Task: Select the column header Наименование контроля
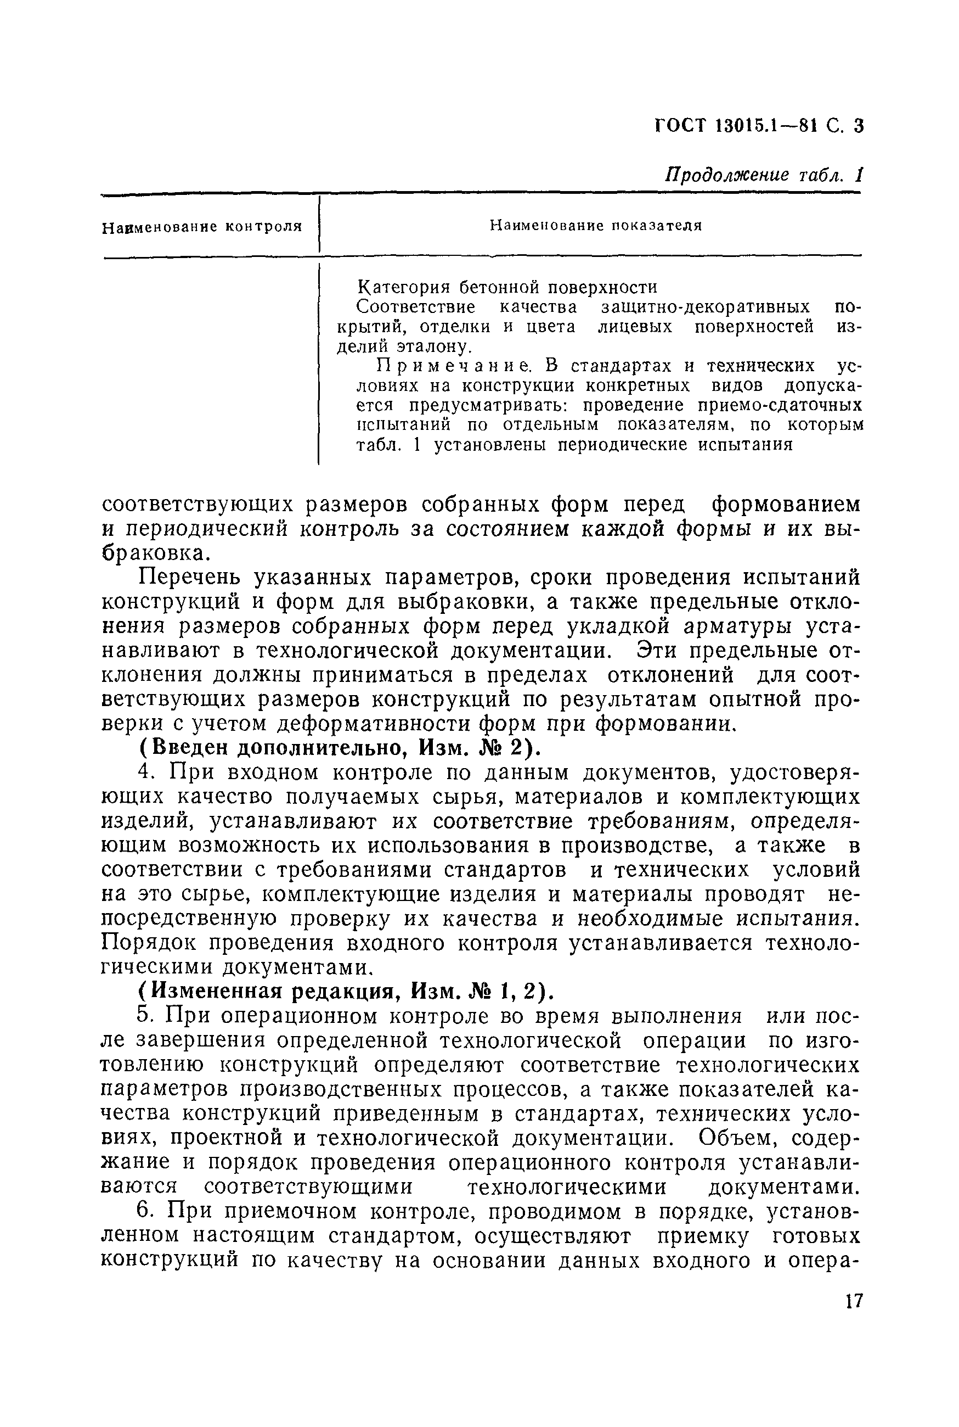coord(202,227)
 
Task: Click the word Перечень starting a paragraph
coord(190,578)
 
